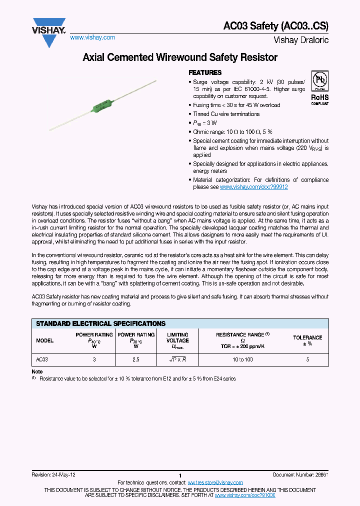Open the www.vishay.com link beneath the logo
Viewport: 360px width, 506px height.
click(92, 37)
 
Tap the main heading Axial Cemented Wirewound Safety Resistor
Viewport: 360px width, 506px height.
click(179, 57)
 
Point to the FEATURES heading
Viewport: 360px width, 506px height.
click(205, 72)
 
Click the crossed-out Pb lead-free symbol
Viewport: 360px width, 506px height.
click(319, 79)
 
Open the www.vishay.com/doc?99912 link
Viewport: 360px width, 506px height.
click(253, 187)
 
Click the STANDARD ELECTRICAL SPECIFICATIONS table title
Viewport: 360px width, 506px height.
click(100, 323)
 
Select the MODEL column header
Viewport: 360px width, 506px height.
click(45, 340)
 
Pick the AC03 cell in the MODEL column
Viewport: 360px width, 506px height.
click(42, 359)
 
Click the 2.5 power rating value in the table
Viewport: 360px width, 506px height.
click(135, 359)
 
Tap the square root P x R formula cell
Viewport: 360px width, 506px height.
click(177, 359)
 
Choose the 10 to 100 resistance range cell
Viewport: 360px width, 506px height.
click(242, 359)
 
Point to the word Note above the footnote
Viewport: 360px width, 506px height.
click(37, 372)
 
